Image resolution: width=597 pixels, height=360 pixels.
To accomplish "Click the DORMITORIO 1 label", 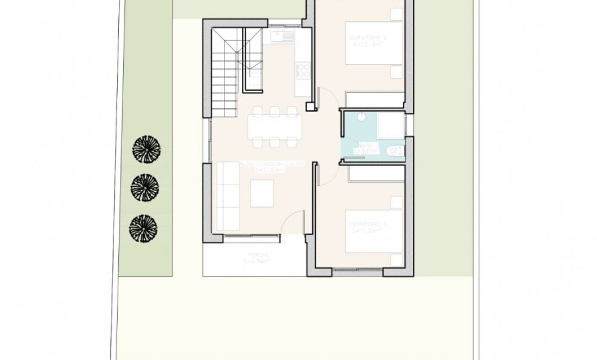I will pos(368,225).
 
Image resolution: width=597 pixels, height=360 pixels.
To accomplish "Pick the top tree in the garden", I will pos(145,148).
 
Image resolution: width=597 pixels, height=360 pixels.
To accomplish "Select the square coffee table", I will pos(262,193).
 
